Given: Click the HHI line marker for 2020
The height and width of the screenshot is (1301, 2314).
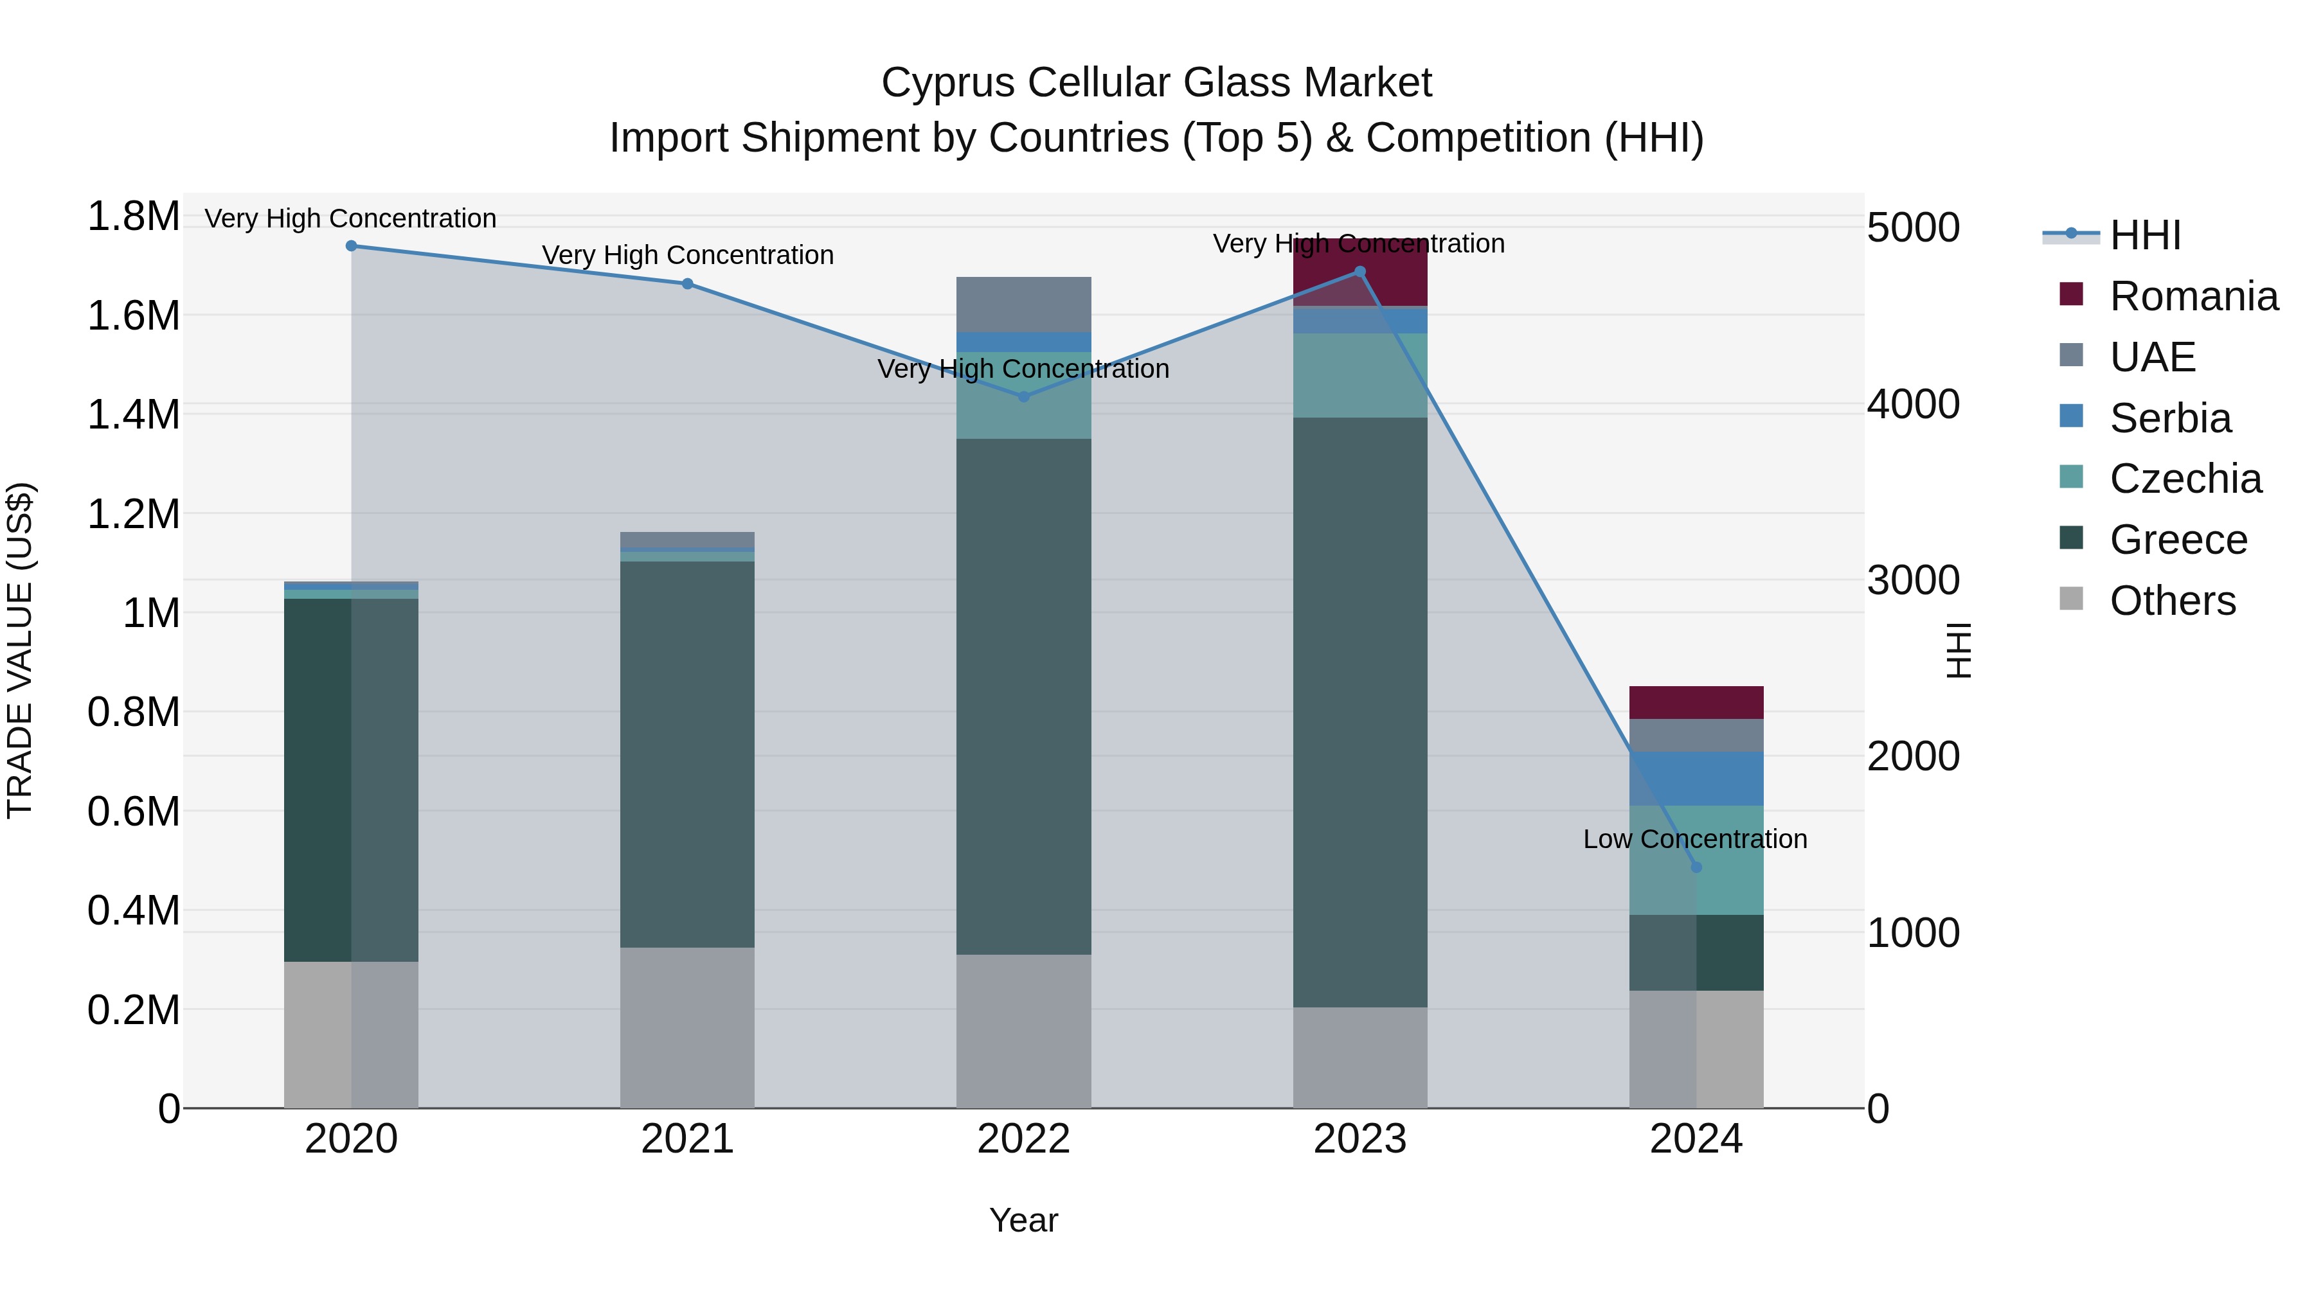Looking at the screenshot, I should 351,246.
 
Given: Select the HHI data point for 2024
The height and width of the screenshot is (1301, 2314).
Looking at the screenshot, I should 1696,867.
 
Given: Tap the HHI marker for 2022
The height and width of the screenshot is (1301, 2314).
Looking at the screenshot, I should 1023,397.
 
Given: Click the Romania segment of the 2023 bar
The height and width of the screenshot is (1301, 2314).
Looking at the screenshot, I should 1360,285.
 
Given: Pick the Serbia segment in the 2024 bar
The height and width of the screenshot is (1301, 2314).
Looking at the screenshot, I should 1696,779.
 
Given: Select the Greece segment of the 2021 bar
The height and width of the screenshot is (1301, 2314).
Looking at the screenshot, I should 687,754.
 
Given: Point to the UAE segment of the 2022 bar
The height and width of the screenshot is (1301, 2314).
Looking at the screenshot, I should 1023,305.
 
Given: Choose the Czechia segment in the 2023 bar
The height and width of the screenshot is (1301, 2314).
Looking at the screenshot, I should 1360,375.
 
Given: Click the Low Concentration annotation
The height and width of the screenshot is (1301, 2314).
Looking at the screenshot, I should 1694,840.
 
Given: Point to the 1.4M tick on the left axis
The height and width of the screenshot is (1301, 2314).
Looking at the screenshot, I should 133,415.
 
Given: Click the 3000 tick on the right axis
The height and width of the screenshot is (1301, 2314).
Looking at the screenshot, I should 1914,580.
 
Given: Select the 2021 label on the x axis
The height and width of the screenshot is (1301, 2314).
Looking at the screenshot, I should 687,1139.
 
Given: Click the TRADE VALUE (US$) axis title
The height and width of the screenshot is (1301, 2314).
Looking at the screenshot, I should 20,650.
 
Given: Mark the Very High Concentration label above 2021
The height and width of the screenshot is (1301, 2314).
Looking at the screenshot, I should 687,255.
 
